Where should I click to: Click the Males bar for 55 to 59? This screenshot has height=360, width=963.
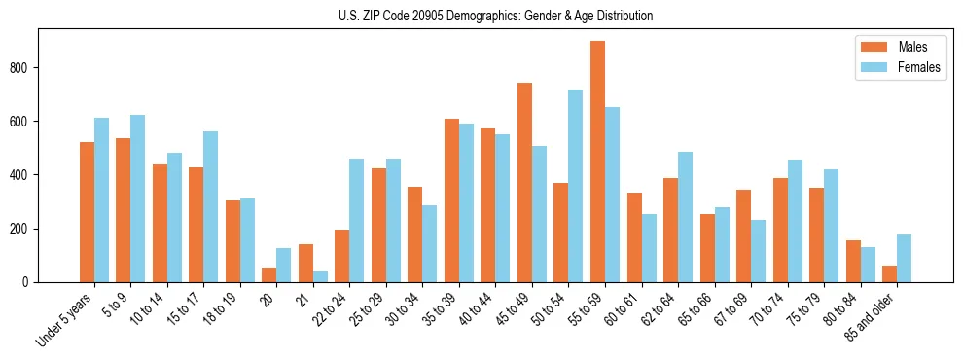[597, 162]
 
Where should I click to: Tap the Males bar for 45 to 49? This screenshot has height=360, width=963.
[524, 183]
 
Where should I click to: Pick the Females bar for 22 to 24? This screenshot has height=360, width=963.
[357, 220]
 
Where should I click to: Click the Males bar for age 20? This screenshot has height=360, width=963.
[269, 274]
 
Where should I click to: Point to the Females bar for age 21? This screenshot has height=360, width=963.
[320, 276]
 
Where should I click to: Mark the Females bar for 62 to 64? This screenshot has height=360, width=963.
[685, 217]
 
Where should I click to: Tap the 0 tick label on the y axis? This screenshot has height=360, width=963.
[30, 282]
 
